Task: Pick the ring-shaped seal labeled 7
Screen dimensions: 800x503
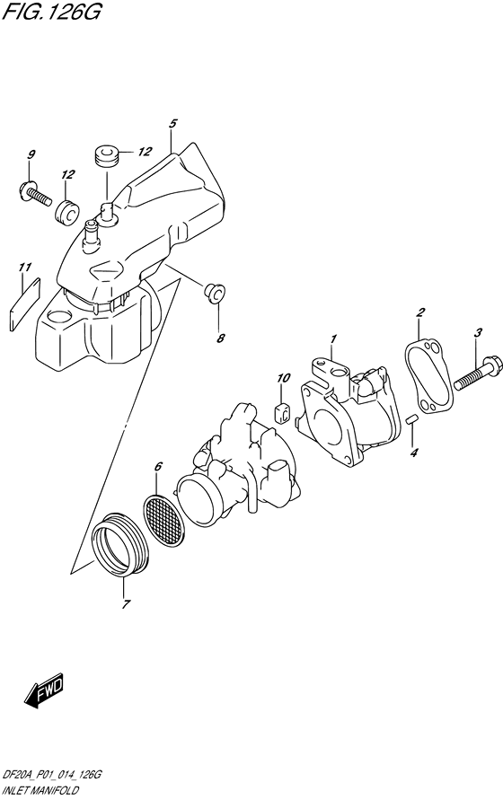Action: (x=120, y=544)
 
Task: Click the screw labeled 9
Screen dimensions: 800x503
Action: (x=32, y=191)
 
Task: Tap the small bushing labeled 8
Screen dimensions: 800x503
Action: (x=214, y=293)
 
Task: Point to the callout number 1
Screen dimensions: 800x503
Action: (x=332, y=338)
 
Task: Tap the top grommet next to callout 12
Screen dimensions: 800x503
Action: (x=107, y=155)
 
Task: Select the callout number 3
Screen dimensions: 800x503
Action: (x=479, y=333)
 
